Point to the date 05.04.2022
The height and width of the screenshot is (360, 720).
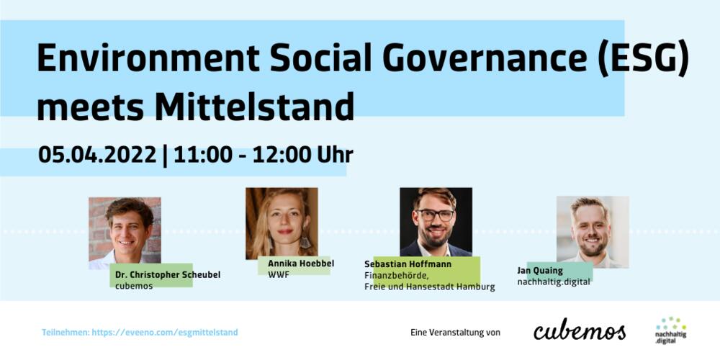tap(97, 155)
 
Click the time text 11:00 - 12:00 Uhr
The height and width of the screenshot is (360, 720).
tap(262, 155)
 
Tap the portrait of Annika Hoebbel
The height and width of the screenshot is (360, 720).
tap(282, 222)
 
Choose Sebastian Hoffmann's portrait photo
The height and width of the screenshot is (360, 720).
tap(436, 222)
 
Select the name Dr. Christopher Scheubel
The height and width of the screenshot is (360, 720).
tap(168, 274)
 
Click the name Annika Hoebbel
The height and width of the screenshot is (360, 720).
tap(297, 264)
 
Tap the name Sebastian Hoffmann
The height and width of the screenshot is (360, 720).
tap(408, 264)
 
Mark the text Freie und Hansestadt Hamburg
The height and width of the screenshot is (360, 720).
tap(429, 287)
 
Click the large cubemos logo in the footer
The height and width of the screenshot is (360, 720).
tap(580, 331)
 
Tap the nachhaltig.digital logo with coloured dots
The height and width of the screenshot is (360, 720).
tap(670, 330)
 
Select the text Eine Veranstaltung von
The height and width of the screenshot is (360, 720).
tap(455, 333)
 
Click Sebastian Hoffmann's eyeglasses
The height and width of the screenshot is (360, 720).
tap(436, 215)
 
